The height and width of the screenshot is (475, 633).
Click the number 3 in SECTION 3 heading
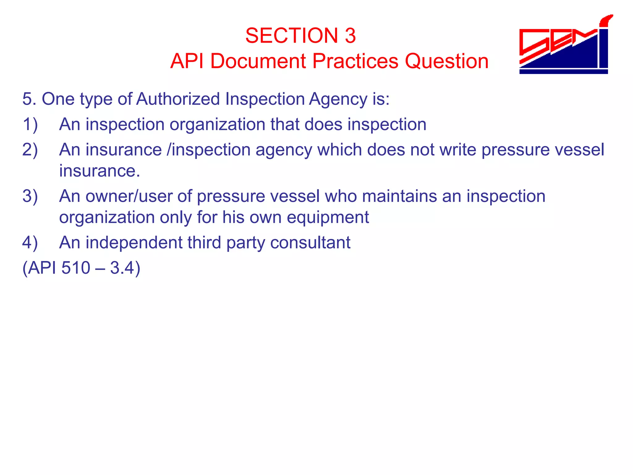click(x=350, y=36)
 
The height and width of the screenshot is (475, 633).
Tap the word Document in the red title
click(x=258, y=61)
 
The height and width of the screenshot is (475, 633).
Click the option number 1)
click(x=30, y=125)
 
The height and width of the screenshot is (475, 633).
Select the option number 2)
click(x=30, y=150)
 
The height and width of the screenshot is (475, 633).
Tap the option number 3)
click(x=30, y=196)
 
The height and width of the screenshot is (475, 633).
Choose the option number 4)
click(x=30, y=243)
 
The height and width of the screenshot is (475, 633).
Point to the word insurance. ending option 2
click(x=100, y=171)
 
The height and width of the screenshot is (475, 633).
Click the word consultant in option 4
click(x=310, y=243)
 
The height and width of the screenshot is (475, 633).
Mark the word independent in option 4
click(x=134, y=243)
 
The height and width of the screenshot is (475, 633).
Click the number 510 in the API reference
click(x=76, y=268)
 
